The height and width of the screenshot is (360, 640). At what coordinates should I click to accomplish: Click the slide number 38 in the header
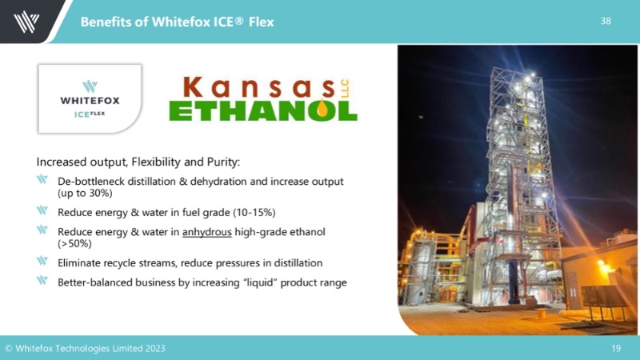(606, 21)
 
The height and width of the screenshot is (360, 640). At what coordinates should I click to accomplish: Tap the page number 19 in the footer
(616, 348)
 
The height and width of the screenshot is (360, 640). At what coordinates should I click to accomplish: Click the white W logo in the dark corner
(26, 22)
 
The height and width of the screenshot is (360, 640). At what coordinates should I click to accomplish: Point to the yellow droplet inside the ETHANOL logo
(322, 109)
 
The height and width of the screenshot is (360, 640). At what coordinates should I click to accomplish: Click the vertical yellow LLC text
(345, 89)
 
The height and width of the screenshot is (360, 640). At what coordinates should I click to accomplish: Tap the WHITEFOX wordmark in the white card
(90, 101)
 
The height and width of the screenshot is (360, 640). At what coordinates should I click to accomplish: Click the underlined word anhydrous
(207, 232)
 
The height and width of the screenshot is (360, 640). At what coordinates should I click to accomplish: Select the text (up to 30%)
(85, 193)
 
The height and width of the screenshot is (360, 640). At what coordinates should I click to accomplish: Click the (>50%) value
(74, 244)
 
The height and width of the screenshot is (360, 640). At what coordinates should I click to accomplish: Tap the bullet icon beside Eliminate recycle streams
(42, 261)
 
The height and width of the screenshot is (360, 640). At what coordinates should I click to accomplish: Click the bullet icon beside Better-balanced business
(42, 280)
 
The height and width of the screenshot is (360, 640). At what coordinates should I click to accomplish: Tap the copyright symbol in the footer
(8, 349)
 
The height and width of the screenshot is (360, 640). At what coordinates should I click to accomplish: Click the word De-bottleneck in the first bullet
(91, 182)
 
